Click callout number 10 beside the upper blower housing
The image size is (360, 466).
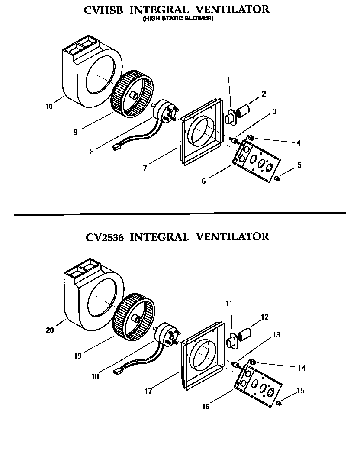click(49, 106)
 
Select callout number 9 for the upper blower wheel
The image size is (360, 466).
click(76, 132)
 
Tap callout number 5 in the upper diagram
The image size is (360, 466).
click(299, 165)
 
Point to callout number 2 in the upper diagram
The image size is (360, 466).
click(264, 94)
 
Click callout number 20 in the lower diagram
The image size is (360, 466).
click(50, 330)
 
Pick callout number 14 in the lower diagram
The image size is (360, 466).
click(302, 368)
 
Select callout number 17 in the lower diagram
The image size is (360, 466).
click(148, 391)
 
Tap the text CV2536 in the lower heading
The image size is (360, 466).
click(105, 237)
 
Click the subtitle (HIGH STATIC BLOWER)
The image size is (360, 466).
click(178, 19)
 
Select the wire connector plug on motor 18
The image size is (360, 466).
click(118, 371)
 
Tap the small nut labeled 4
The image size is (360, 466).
click(251, 139)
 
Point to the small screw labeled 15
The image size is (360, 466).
click(279, 403)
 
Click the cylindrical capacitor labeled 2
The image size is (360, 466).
click(243, 108)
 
